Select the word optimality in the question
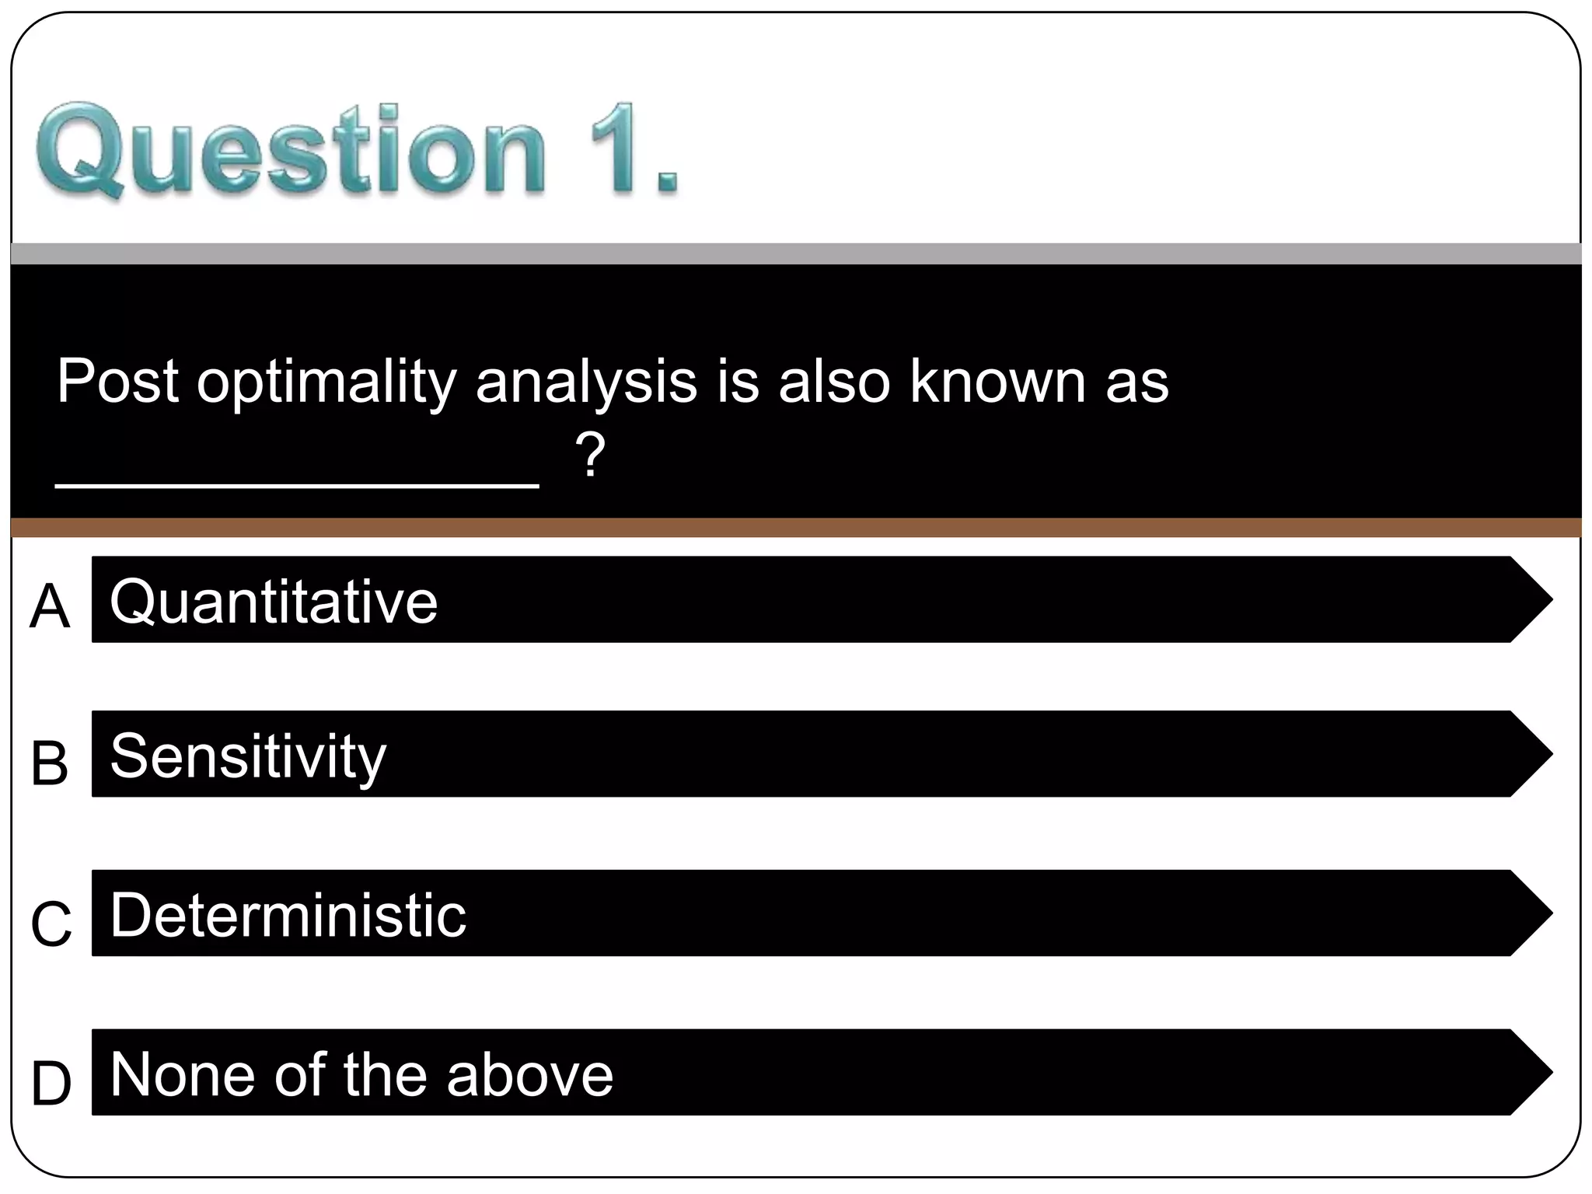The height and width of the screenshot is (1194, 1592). pyautogui.click(x=326, y=382)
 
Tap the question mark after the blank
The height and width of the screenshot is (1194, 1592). pyautogui.click(x=591, y=456)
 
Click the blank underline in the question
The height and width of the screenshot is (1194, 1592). pyautogui.click(x=297, y=484)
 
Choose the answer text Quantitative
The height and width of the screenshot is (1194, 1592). pyautogui.click(x=274, y=602)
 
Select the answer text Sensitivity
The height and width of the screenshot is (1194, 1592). pyautogui.click(x=248, y=756)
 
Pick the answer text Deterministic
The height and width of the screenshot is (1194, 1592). pyautogui.click(x=288, y=915)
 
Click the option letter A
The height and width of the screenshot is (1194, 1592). pyautogui.click(x=50, y=606)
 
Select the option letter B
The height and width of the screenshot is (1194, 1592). pyautogui.click(x=50, y=763)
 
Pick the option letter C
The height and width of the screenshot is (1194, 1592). pyautogui.click(x=51, y=923)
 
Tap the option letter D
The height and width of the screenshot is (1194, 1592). pyautogui.click(x=51, y=1083)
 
